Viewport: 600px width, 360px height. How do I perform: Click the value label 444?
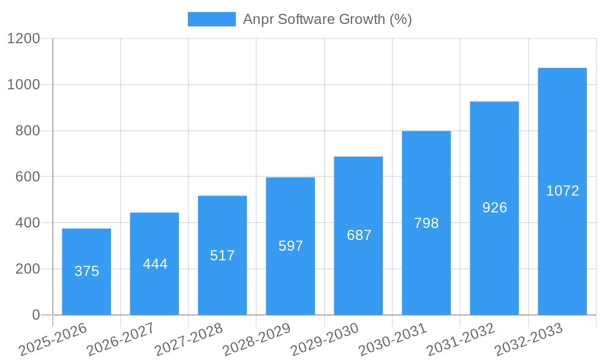tap(155, 264)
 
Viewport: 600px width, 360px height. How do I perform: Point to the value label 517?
tap(223, 256)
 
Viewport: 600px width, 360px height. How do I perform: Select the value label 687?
tap(359, 235)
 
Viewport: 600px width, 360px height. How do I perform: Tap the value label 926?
tap(494, 208)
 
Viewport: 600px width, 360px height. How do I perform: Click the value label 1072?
tap(562, 191)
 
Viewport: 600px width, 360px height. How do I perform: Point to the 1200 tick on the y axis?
tap(23, 39)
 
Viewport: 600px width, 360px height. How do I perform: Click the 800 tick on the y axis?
tap(28, 131)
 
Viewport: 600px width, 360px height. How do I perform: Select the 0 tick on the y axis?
tap(36, 315)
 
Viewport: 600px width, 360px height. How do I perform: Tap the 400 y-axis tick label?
tap(28, 223)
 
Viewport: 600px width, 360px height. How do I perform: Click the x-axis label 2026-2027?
tap(121, 340)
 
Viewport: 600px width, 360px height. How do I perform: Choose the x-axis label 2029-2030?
tap(325, 340)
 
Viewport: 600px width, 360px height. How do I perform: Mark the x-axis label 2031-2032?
tap(461, 340)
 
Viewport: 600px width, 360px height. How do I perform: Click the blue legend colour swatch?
tap(211, 19)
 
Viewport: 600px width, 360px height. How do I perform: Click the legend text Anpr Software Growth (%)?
tap(327, 19)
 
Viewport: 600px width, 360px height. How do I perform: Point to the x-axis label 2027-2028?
tap(188, 340)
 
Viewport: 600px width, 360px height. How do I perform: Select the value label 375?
tap(86, 271)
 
